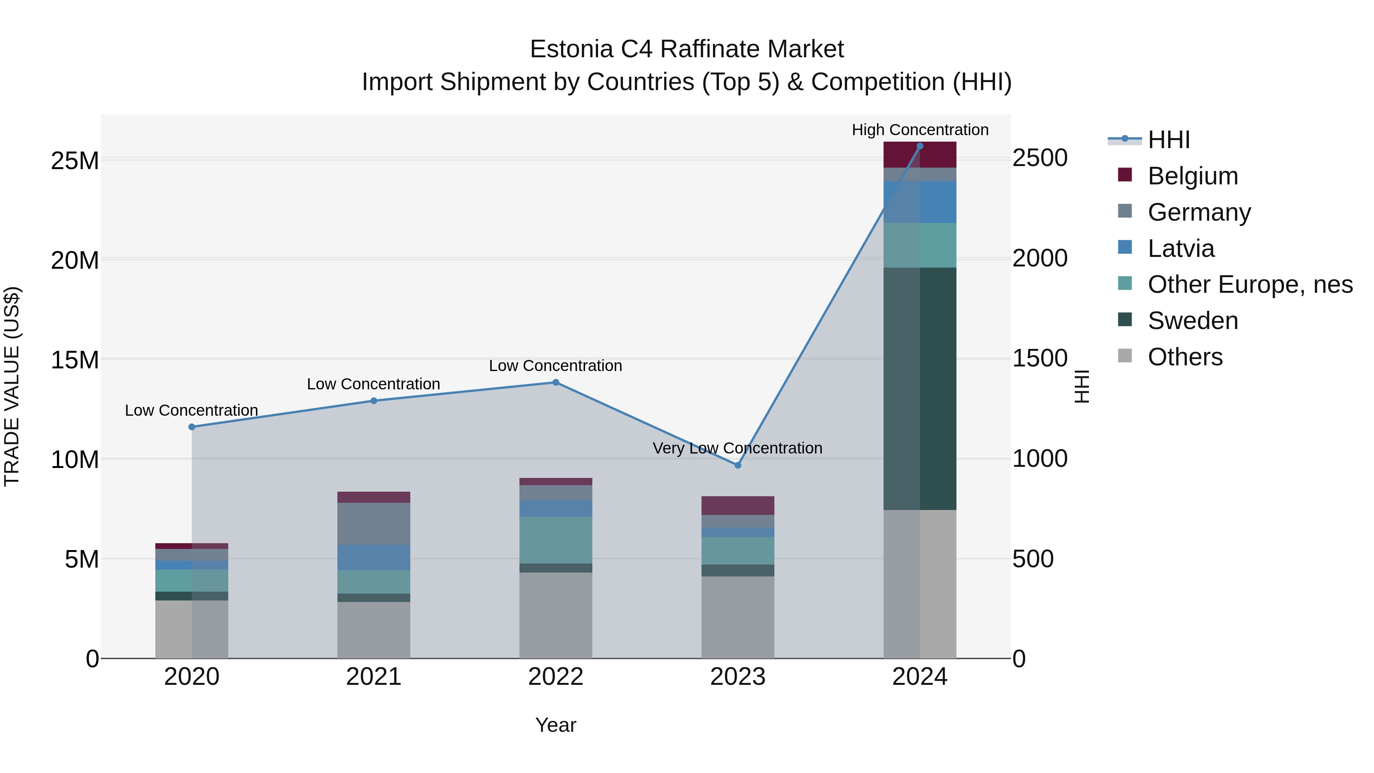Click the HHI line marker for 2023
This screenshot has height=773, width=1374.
click(738, 465)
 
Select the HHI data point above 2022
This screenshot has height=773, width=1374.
click(555, 382)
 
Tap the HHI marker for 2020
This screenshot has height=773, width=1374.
click(192, 427)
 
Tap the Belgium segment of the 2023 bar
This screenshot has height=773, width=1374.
click(738, 505)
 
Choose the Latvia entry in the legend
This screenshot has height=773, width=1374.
click(1180, 249)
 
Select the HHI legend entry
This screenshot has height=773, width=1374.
click(1168, 140)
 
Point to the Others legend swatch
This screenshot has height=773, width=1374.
click(1124, 356)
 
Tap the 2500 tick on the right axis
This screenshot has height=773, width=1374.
click(1040, 158)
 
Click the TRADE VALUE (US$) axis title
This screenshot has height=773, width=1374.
click(12, 386)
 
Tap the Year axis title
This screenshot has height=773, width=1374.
click(555, 725)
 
